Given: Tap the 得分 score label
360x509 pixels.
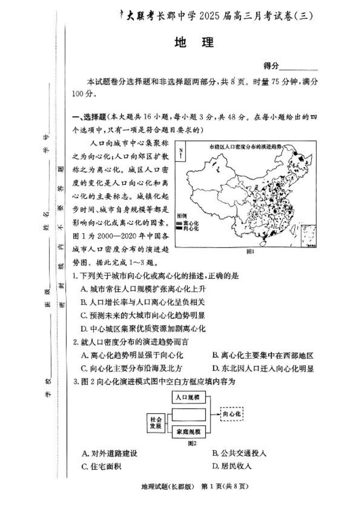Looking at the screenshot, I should coord(271,66).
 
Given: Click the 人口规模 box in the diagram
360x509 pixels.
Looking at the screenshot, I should coord(188,398).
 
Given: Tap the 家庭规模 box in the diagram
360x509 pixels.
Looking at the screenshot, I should coord(188,432).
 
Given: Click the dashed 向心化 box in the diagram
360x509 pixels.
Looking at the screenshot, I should coord(232,413).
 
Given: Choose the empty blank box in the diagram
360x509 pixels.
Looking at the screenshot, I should coord(188,414).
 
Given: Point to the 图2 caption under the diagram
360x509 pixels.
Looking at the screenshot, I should coord(193,442).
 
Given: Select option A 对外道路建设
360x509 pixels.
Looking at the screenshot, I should coord(110,453).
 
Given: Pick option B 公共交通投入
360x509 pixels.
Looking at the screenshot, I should coord(239,453).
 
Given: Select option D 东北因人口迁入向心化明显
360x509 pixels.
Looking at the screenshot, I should coord(263,368).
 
